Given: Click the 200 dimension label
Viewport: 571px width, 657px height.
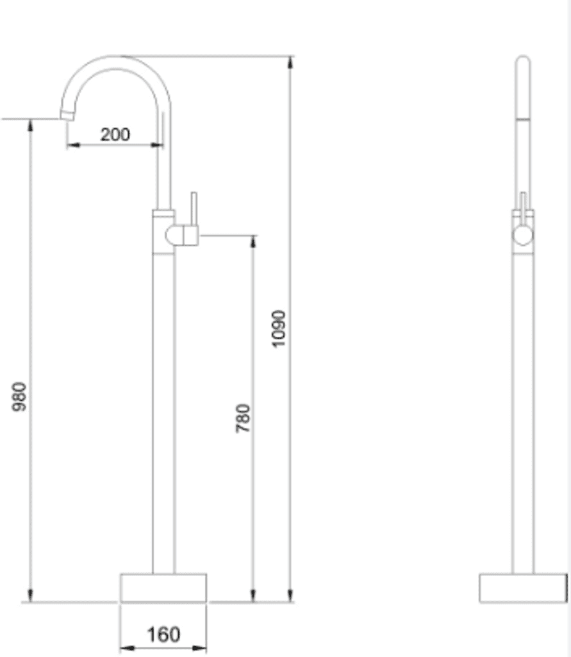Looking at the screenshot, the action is tap(115, 135).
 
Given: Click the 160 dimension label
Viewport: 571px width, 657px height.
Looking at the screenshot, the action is tap(163, 635).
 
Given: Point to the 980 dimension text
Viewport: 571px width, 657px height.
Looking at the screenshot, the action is tap(19, 397).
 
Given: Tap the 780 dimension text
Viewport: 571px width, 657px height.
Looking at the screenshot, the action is tap(243, 418).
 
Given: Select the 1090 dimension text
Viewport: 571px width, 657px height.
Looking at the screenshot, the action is tap(279, 328).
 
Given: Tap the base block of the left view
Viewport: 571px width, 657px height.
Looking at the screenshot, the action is tap(163, 588).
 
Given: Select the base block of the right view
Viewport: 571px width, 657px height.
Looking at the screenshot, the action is tap(523, 588).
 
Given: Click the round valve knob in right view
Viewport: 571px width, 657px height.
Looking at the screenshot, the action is tap(523, 235).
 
